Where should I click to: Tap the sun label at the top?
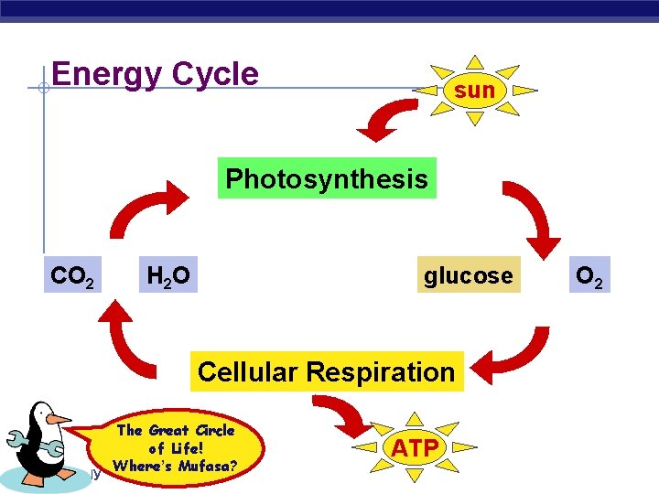tap(474, 90)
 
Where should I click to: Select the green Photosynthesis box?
tap(326, 178)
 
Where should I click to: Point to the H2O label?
tap(168, 275)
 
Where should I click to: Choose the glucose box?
tap(468, 275)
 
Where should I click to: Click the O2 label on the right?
tap(587, 275)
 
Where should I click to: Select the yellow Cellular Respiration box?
tap(326, 372)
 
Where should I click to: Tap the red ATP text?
tap(418, 447)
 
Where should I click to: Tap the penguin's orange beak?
tap(59, 419)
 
